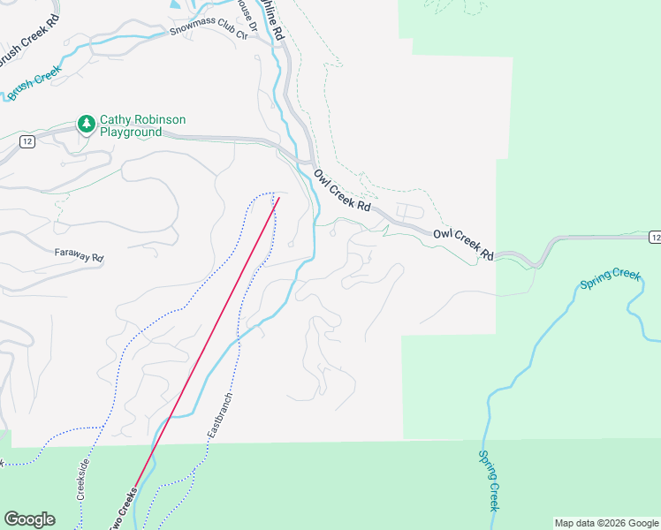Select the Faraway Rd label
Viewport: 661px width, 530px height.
point(79,258)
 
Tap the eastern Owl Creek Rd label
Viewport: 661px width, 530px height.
point(463,246)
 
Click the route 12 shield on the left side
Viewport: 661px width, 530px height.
point(29,143)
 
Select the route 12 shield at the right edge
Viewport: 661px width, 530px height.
point(654,237)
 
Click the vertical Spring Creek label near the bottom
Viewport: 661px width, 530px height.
point(490,481)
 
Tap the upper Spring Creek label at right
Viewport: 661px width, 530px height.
point(610,280)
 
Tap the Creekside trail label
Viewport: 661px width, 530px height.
point(84,477)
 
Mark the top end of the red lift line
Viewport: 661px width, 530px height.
point(279,197)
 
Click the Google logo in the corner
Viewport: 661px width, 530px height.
point(29,519)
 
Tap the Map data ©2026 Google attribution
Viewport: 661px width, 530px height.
point(606,523)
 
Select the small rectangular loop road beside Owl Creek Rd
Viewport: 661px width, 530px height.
point(408,212)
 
